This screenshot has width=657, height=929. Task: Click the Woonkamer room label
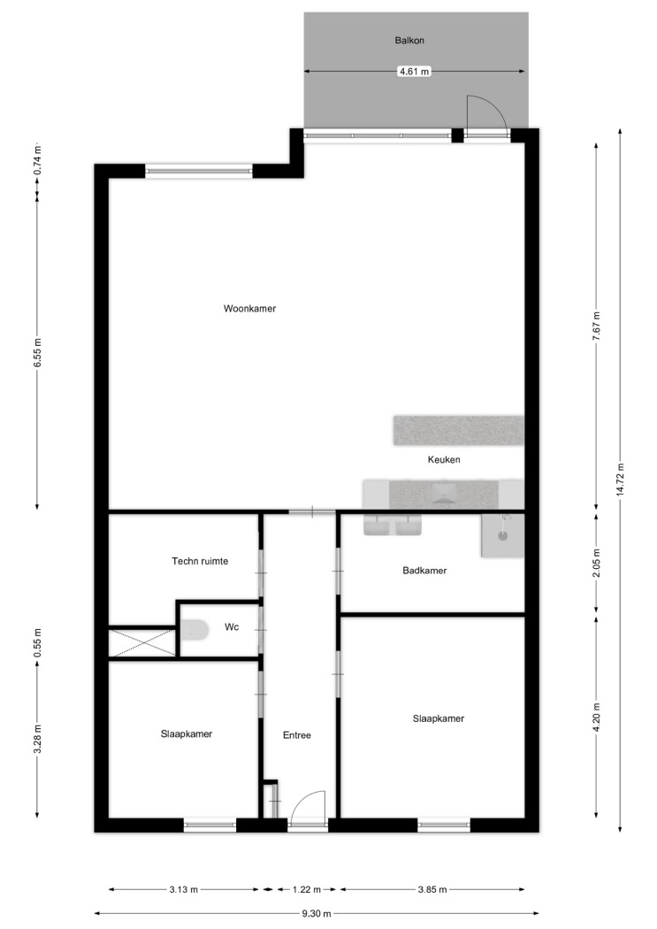249,309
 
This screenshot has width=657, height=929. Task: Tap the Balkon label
409,41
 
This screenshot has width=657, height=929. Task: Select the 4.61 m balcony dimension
415,72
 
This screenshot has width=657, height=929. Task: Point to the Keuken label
444,460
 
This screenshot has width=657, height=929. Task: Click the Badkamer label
424,571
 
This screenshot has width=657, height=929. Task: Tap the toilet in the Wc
195,630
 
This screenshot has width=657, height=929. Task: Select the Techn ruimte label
200,561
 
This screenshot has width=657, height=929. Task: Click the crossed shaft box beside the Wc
142,643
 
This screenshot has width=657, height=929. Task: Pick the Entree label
296,735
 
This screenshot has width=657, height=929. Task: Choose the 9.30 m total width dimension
317,913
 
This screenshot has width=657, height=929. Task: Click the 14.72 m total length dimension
620,480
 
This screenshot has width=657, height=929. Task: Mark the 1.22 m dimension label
307,889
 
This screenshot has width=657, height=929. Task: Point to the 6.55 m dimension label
37,353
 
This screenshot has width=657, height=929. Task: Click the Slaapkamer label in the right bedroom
439,718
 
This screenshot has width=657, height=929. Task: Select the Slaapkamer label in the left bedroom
187,734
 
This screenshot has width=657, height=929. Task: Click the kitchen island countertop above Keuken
459,430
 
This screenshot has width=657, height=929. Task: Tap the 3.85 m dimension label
432,889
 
